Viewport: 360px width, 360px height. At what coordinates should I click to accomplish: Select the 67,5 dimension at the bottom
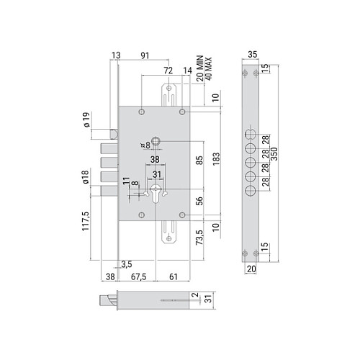pyautogui.click(x=138, y=276)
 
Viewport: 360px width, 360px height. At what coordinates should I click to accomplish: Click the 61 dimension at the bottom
pyautogui.click(x=174, y=276)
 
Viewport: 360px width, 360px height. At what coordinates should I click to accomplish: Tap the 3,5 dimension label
pyautogui.click(x=126, y=264)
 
